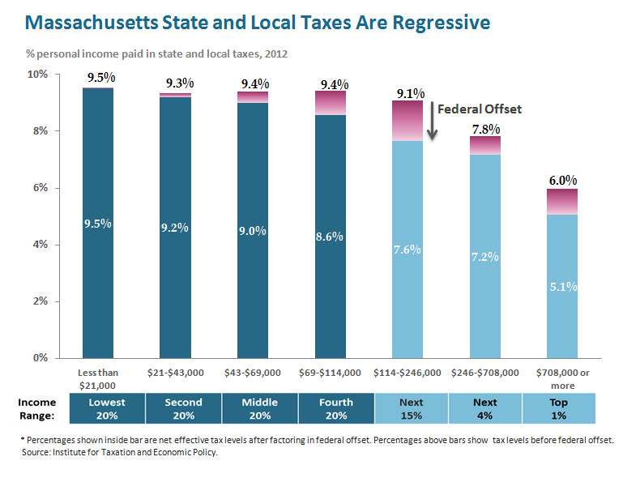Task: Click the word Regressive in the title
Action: pos(438,23)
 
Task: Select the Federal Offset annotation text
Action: pos(478,109)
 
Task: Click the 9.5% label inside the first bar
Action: pos(97,224)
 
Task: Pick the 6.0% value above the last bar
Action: pos(561,180)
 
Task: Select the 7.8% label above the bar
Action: pos(484,129)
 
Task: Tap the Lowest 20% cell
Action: pos(108,408)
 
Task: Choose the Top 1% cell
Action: pos(560,408)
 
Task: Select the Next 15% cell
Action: pos(411,408)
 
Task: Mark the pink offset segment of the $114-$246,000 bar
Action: pos(408,121)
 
